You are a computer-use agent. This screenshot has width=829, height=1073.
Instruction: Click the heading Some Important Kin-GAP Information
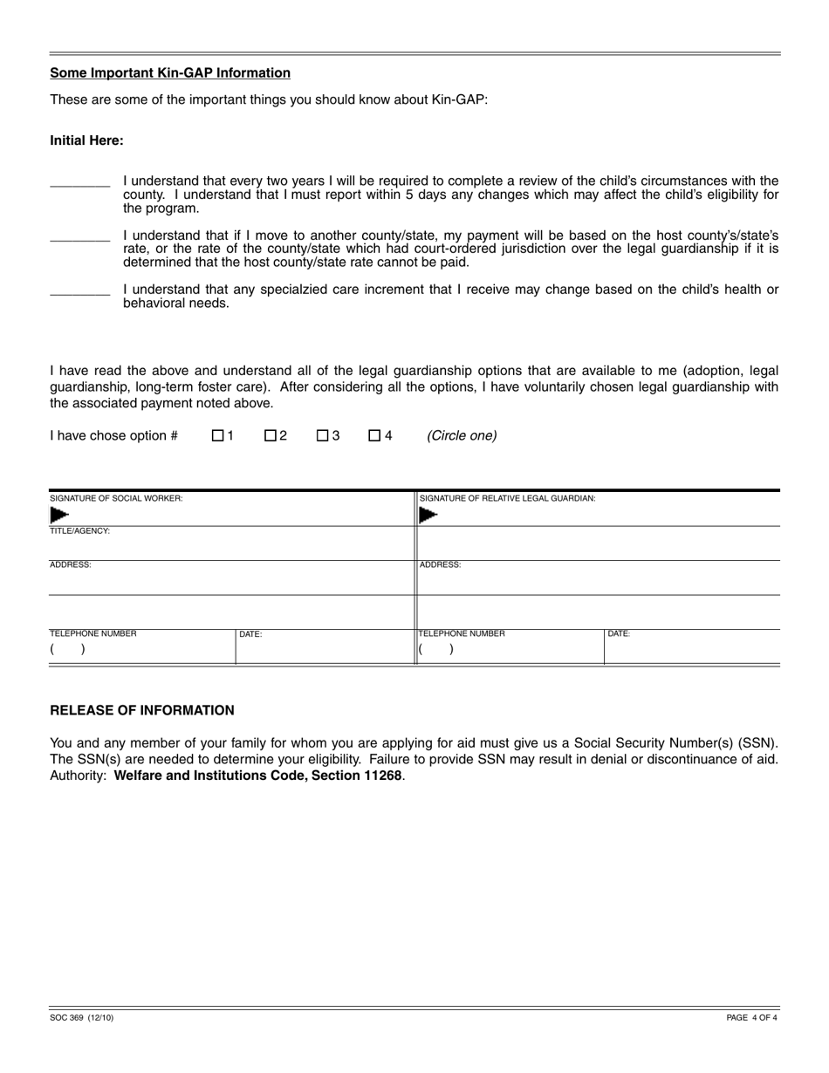pos(170,73)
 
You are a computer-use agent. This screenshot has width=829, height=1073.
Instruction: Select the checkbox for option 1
pos(217,435)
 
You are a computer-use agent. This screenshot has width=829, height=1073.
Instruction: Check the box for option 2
pos(270,435)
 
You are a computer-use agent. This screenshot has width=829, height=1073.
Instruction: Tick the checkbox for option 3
pos(322,435)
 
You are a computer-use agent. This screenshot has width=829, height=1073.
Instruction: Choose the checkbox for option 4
pos(374,435)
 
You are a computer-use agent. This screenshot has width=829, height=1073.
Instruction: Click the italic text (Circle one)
pos(462,435)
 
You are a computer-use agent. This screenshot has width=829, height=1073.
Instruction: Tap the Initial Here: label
pos(86,140)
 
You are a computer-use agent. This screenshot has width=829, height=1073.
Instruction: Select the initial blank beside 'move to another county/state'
pos(79,235)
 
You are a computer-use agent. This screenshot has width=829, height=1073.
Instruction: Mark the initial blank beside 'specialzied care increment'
pos(79,289)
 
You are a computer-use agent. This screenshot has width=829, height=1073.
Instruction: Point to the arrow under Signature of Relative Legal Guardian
pos(428,515)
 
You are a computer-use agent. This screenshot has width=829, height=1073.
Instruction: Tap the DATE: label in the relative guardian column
pos(619,634)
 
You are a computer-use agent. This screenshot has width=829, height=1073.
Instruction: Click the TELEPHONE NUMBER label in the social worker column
pos(92,634)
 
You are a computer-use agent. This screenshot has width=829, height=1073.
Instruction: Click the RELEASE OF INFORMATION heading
pos(142,710)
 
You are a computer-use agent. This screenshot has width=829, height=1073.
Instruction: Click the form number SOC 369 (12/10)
pos(81,1017)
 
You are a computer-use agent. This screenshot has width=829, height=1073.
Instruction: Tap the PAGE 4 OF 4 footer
pos(751,1017)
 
